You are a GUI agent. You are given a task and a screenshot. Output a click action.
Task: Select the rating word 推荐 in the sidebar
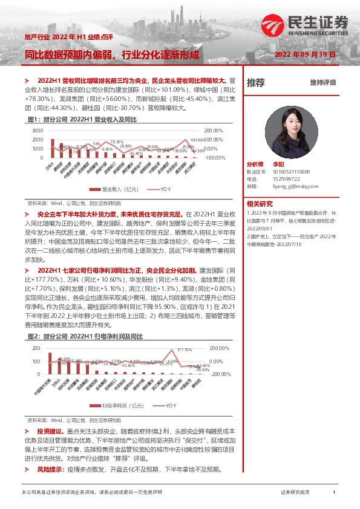pos(256,82)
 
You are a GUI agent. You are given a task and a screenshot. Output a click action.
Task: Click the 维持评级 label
pos(322,83)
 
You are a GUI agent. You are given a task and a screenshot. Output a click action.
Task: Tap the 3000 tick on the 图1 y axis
pos(38,131)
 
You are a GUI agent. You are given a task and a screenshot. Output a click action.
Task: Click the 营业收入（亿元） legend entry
pos(116,189)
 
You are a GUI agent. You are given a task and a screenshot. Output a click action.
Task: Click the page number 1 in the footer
pos(334,493)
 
